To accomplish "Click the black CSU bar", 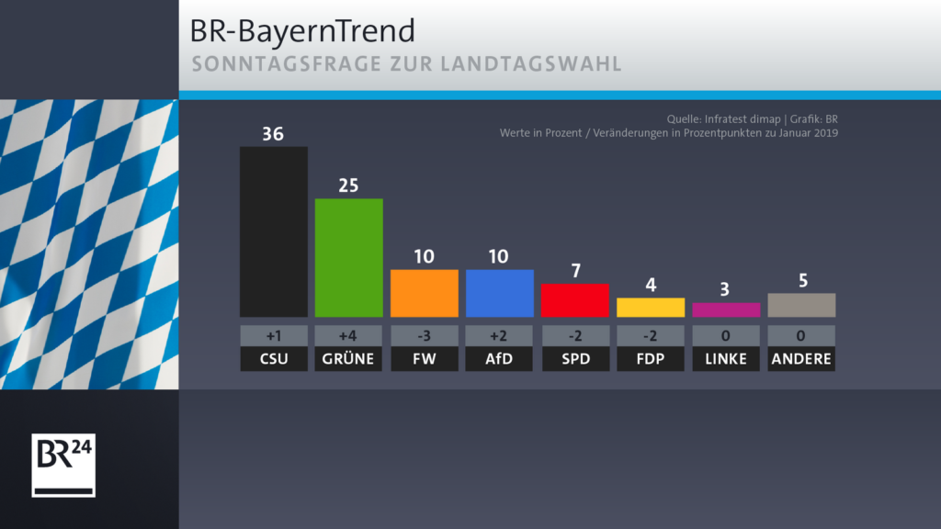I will [273, 231].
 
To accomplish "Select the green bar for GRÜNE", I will [348, 257].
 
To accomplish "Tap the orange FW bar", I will [424, 293].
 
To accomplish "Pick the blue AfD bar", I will [499, 293].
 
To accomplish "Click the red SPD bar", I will [574, 300].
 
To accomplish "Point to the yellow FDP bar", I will [650, 308].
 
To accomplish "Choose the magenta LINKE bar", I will [725, 310].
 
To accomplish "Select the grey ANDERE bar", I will [800, 305].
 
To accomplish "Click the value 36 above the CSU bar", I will [273, 134].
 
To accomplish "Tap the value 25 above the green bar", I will [348, 186].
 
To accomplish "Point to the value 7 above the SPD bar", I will [574, 271].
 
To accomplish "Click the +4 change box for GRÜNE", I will [348, 335].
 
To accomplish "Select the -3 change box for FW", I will [424, 335].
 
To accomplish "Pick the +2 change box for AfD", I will [499, 335].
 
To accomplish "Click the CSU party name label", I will [273, 359].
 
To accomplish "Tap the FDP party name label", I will [650, 359].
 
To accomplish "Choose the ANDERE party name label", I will [800, 359].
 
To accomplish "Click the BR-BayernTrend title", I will [302, 31].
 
